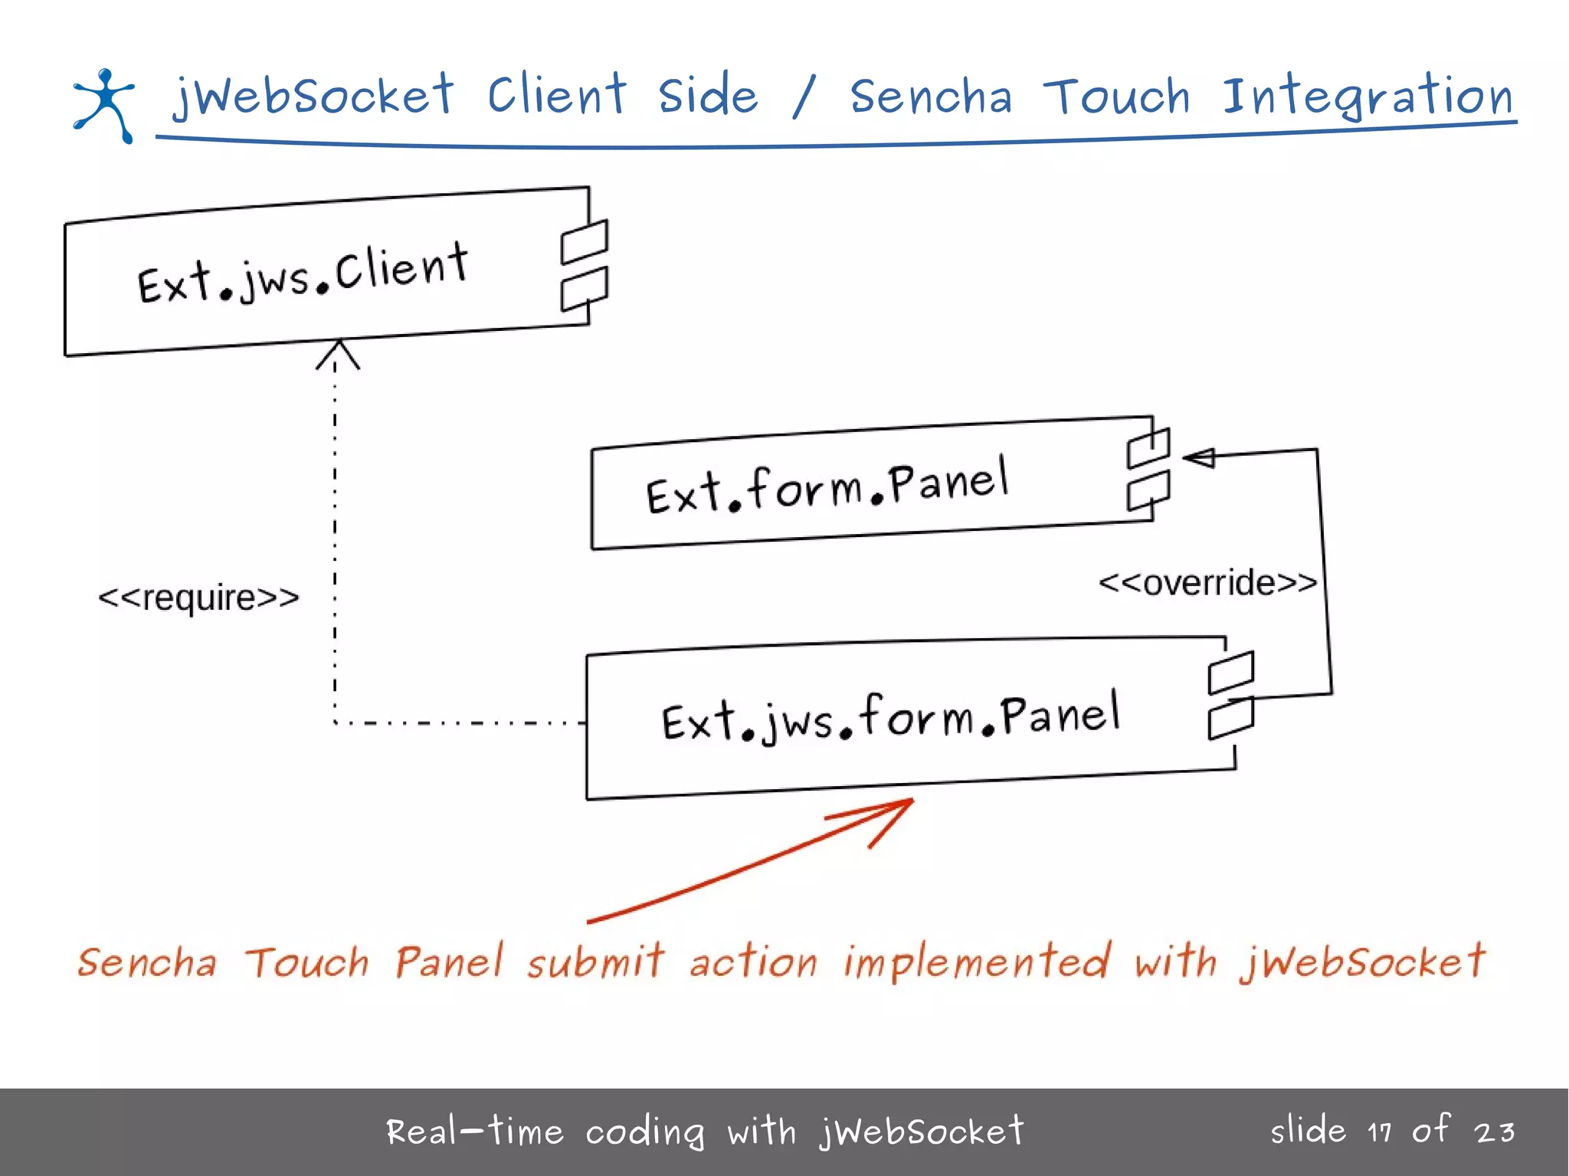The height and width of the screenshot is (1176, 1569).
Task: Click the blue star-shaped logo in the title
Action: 104,105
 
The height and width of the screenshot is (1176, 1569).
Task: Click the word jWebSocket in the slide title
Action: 313,96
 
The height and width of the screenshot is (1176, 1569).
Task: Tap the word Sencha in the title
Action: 931,97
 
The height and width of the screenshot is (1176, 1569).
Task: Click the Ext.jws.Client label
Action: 303,274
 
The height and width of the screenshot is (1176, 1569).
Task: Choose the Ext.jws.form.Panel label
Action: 890,717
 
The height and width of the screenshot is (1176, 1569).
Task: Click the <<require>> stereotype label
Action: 198,598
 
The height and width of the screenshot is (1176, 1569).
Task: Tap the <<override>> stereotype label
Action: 1207,583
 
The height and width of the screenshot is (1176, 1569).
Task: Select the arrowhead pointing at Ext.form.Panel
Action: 1199,457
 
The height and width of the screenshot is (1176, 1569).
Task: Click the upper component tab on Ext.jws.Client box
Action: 585,241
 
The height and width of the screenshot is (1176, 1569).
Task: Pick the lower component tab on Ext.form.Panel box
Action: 1148,490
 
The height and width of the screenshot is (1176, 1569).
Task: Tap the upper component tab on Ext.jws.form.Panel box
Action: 1231,672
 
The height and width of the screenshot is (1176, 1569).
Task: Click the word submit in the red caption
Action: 595,962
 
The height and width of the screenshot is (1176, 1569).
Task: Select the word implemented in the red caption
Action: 976,962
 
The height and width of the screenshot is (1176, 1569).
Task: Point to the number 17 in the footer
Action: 1380,1132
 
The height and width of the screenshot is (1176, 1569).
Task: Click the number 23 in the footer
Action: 1495,1132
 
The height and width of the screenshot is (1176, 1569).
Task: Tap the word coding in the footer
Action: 644,1132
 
